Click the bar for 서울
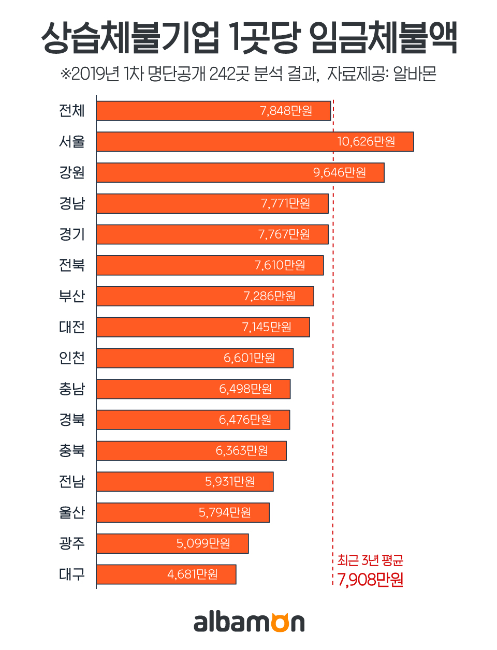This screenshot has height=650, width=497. coord(255,142)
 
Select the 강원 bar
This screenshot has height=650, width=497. coord(240,173)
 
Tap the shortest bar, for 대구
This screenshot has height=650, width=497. coord(166,574)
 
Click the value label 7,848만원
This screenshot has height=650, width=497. coord(286,111)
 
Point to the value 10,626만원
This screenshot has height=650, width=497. coord(366,142)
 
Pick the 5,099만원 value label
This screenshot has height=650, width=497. coord(203,543)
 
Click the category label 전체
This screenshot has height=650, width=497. coord(71,111)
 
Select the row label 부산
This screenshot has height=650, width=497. coord(71,296)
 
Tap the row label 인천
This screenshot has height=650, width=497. coord(71,358)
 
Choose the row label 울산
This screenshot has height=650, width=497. coord(71,512)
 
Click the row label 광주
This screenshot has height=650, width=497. coord(71,543)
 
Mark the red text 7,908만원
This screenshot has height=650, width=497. coord(370,580)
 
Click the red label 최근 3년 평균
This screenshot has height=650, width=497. coord(370,560)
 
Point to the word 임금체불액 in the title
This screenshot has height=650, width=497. coord(384,38)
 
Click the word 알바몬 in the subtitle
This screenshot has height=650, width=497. coord(415,74)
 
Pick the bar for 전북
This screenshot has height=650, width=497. coord(210,265)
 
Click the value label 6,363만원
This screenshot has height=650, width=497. coord(242,451)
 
